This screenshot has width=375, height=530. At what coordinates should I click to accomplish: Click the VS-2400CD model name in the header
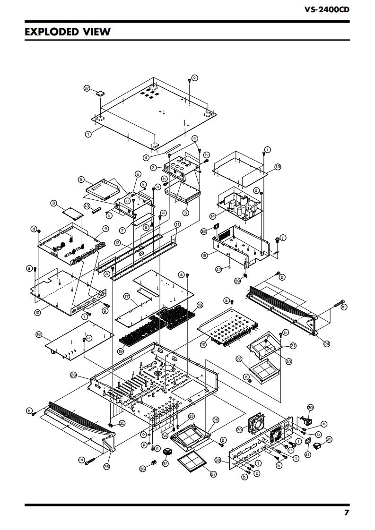click(x=327, y=9)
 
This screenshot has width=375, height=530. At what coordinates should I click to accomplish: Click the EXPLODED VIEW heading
click(x=68, y=32)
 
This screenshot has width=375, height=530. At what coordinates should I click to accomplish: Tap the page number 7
click(x=346, y=513)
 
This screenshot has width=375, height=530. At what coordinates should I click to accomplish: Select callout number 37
click(x=87, y=88)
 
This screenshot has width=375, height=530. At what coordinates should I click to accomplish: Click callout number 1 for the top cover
click(x=88, y=134)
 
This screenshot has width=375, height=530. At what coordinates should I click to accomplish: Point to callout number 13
click(x=278, y=167)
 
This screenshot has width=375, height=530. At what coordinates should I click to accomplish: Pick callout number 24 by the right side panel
click(x=327, y=344)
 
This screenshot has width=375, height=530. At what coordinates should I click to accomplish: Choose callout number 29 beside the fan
click(x=240, y=429)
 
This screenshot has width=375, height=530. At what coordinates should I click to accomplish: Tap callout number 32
click(x=165, y=464)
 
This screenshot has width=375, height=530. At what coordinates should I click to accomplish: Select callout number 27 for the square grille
click(x=213, y=474)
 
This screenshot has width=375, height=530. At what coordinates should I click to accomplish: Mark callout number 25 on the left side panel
click(x=106, y=467)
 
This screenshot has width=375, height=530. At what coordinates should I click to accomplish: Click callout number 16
click(x=39, y=334)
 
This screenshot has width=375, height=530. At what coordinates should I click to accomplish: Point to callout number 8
click(x=54, y=203)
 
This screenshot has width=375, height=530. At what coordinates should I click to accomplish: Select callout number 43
click(x=87, y=206)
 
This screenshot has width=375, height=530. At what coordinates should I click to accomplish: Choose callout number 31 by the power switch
click(x=329, y=439)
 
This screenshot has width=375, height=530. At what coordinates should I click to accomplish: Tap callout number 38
click(x=203, y=231)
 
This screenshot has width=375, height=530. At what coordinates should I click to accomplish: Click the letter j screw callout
click(x=283, y=238)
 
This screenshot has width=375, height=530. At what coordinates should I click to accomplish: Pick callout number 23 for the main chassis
click(x=73, y=375)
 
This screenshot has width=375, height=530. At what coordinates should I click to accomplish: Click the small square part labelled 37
click(x=100, y=94)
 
